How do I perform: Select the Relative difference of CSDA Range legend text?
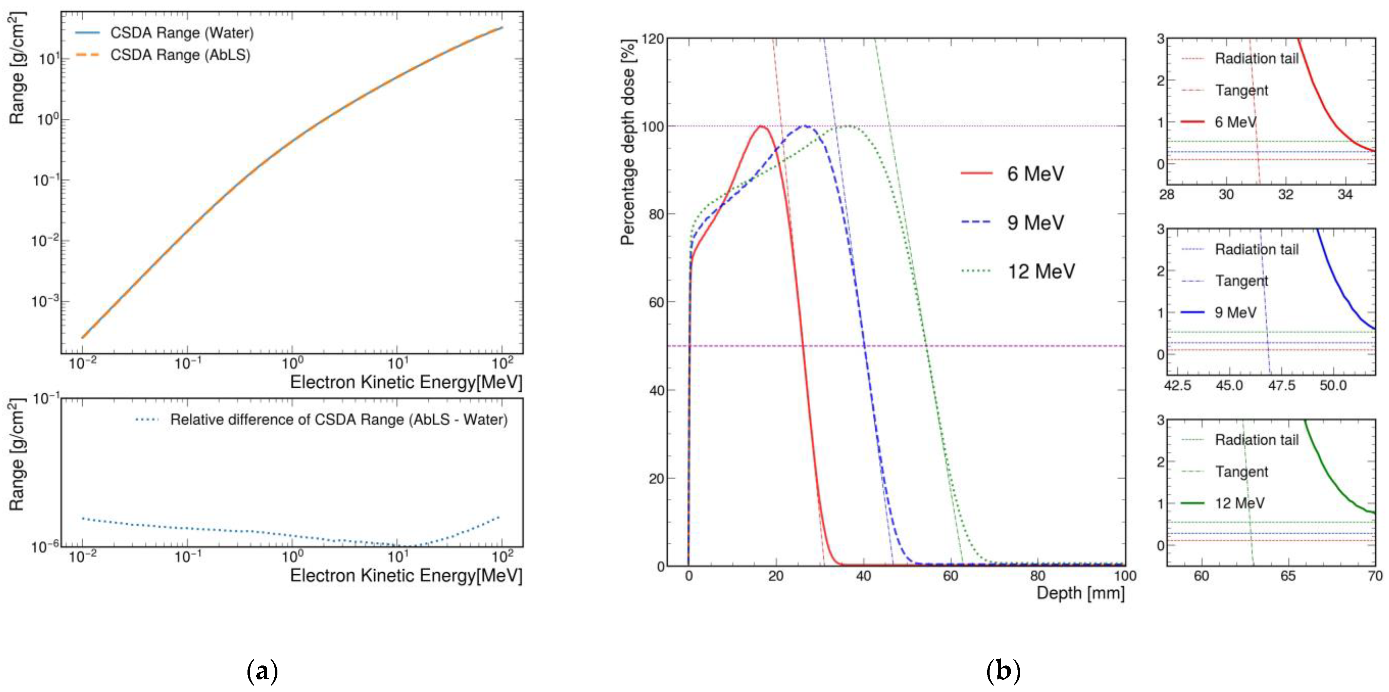click(338, 420)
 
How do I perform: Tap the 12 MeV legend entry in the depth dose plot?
click(1040, 271)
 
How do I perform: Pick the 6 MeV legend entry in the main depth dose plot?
click(1035, 174)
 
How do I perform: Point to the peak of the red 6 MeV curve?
click(761, 126)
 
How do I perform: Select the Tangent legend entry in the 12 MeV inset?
click(1241, 472)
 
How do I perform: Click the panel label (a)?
click(262, 672)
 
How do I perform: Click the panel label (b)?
click(1003, 672)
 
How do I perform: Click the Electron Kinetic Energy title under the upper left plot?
click(406, 383)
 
